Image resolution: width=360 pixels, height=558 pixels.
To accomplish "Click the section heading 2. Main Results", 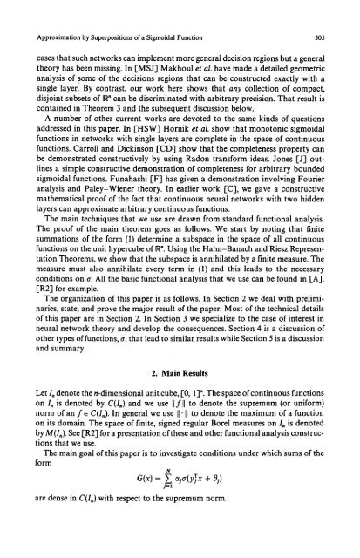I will coord(180,405).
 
